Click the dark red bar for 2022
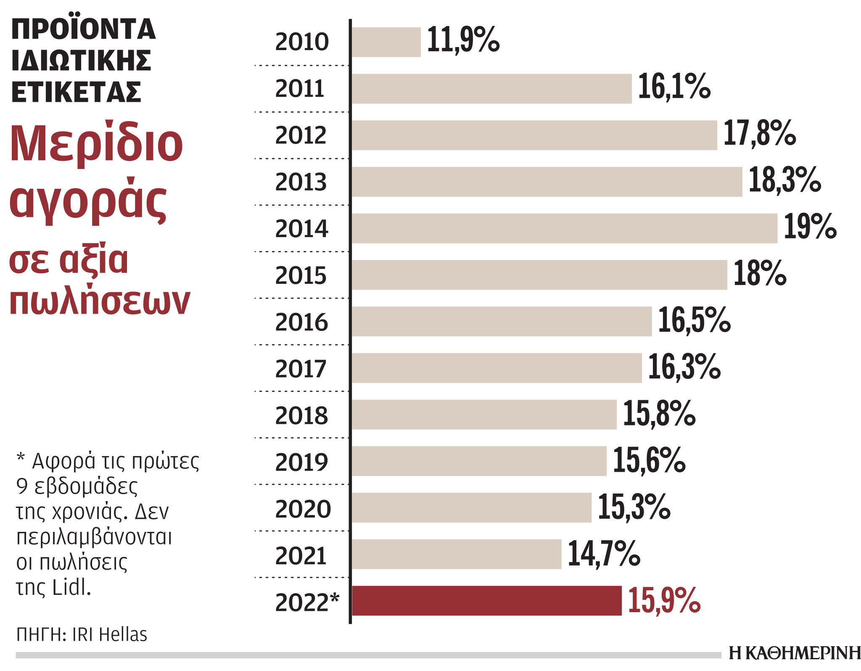pyautogui.click(x=486, y=600)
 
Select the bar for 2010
pyautogui.click(x=386, y=42)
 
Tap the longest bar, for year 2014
pyautogui.click(x=564, y=228)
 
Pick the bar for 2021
pyautogui.click(x=456, y=554)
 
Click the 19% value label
pyautogui.click(x=810, y=227)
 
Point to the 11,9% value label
pyautogui.click(x=463, y=40)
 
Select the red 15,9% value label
pyautogui.click(x=664, y=600)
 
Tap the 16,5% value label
pyautogui.click(x=694, y=320)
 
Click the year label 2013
pyautogui.click(x=301, y=182)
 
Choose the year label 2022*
pyautogui.click(x=307, y=602)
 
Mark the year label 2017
pyautogui.click(x=301, y=369)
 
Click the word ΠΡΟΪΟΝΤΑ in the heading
pyautogui.click(x=84, y=29)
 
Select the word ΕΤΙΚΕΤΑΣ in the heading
pyautogui.click(x=76, y=92)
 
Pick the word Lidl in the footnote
pyautogui.click(x=71, y=587)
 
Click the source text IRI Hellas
pyautogui.click(x=109, y=634)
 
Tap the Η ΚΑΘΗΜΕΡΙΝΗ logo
pyautogui.click(x=794, y=653)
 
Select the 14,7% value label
pyautogui.click(x=603, y=554)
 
